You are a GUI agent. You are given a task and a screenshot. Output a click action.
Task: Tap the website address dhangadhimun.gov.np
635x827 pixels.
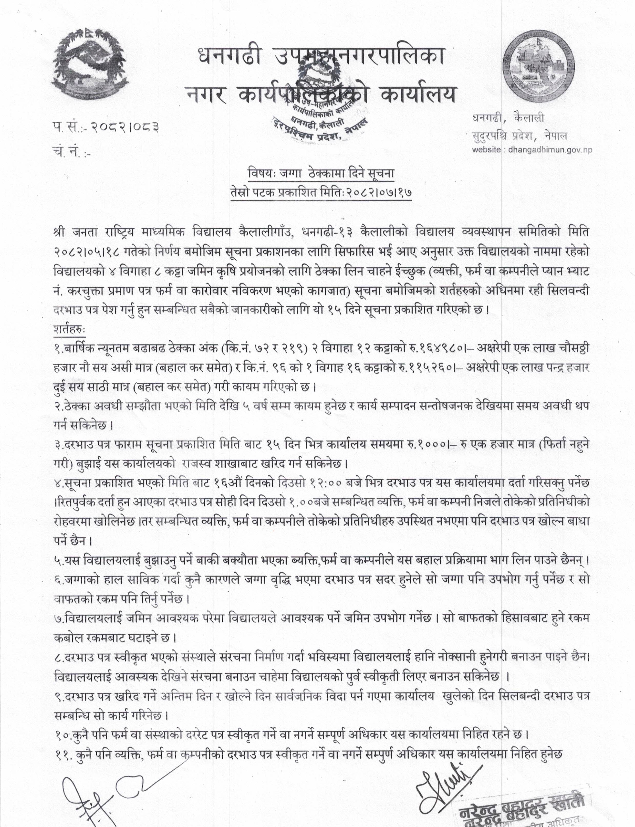click(x=550, y=149)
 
